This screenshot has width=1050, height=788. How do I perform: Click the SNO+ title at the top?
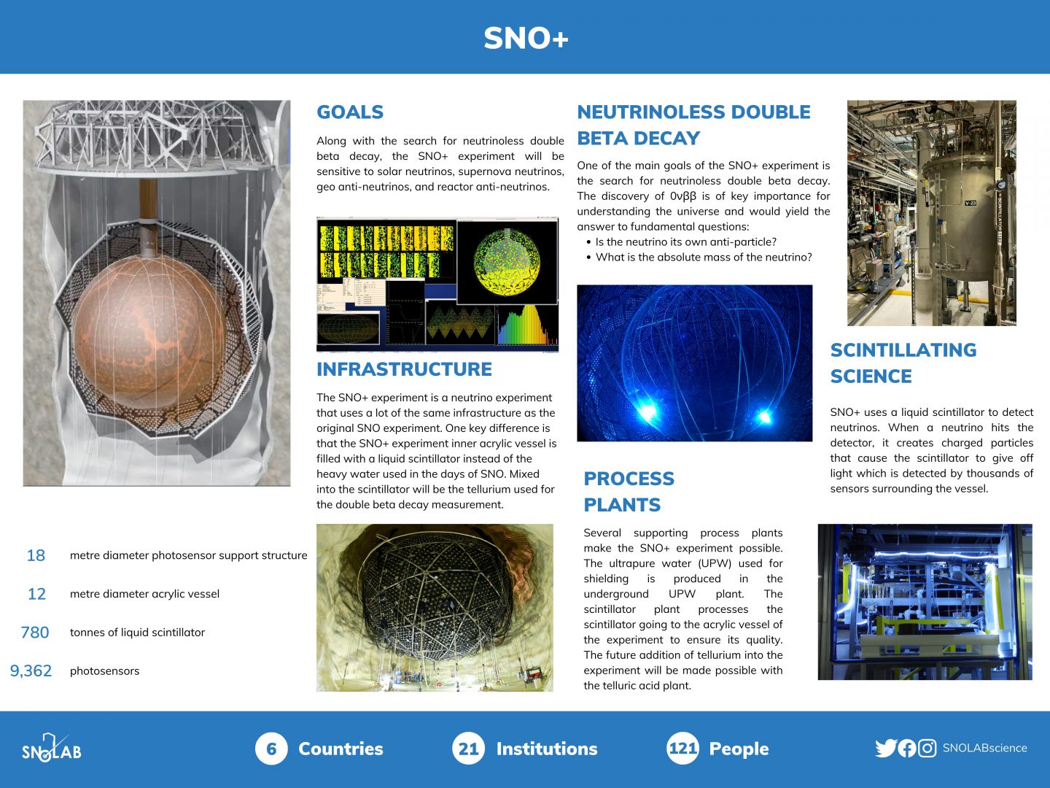(526, 38)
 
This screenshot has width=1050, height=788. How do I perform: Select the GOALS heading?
(350, 112)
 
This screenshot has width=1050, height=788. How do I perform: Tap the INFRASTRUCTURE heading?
(404, 369)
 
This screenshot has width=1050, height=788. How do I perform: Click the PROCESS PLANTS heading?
(629, 491)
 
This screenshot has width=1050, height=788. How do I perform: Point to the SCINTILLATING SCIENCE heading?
(903, 363)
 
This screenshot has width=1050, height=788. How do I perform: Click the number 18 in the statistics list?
(36, 555)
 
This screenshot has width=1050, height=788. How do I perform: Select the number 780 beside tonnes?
(35, 633)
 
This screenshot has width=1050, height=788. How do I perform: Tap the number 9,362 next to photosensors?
(31, 671)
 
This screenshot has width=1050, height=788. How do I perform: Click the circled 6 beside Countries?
(271, 749)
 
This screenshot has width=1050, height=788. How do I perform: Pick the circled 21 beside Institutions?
(468, 749)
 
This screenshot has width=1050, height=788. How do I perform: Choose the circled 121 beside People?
(682, 749)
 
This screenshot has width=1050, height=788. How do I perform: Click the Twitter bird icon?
(885, 748)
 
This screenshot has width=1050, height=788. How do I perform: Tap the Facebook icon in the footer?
(907, 748)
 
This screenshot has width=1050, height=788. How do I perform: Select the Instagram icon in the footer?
(927, 748)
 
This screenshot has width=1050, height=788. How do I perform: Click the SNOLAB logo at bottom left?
(51, 749)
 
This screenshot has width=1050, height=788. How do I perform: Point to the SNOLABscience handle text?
(984, 748)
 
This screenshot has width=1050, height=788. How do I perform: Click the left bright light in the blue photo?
(646, 412)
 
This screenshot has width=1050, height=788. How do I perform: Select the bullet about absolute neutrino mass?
(703, 257)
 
